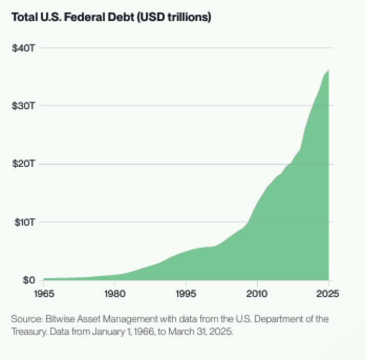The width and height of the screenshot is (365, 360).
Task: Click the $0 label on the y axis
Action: coord(28,280)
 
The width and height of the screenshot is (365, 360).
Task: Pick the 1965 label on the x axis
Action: coord(44,293)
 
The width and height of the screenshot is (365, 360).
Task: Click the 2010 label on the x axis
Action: coord(257,293)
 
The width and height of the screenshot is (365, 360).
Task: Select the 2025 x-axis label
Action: coord(327,293)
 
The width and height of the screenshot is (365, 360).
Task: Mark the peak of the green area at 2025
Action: coord(328,70)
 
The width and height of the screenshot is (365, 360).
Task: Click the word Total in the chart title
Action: coord(23,17)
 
